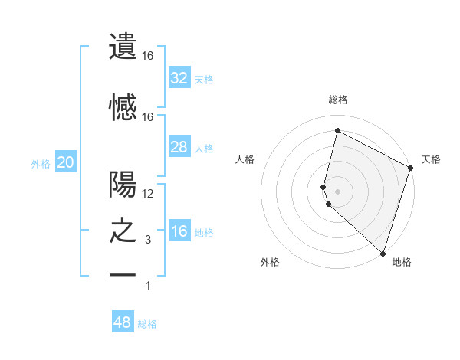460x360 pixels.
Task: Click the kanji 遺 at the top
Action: tap(123, 47)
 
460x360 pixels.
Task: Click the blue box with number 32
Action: tap(179, 78)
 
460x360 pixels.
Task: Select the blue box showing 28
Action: tap(179, 147)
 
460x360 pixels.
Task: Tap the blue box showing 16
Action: tap(179, 231)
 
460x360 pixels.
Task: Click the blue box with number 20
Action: tap(65, 162)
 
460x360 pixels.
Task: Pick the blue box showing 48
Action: tap(123, 322)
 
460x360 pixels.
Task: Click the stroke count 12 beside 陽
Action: tap(148, 193)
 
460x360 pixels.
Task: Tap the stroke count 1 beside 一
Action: tap(148, 286)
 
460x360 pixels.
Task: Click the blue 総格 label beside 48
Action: tap(147, 324)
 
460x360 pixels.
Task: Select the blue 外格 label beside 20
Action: tap(41, 164)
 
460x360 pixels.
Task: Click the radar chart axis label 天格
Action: tap(431, 159)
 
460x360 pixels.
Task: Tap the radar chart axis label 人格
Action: tap(245, 159)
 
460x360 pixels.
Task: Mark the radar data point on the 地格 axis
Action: tap(383, 253)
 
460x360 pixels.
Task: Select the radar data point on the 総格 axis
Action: tap(337, 131)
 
